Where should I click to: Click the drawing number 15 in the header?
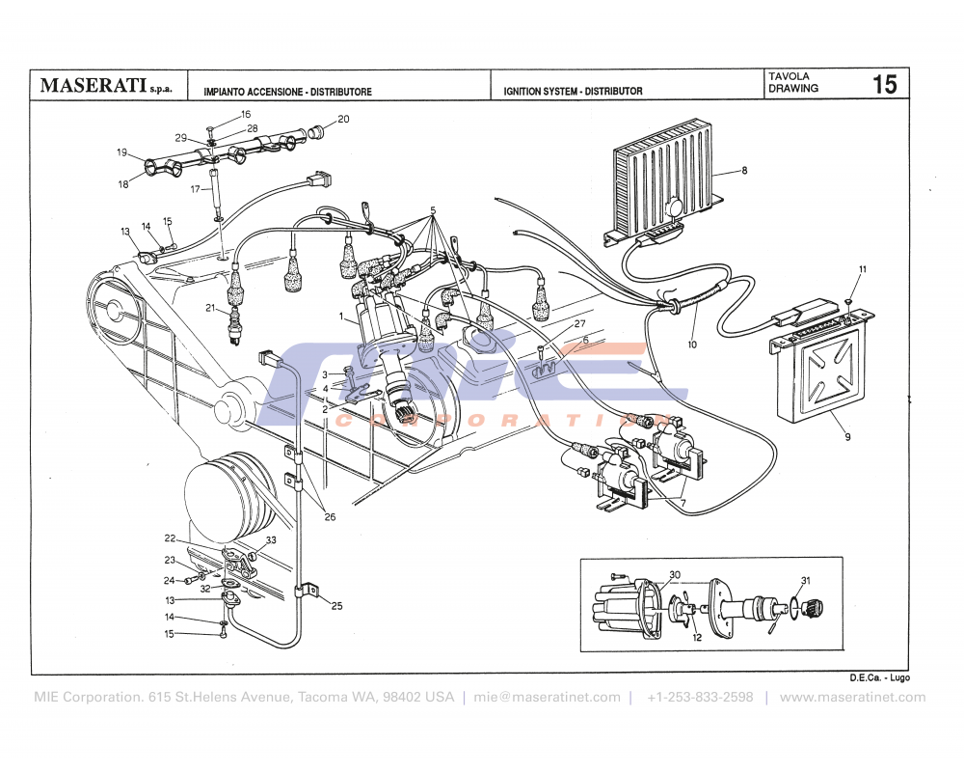pyautogui.click(x=884, y=84)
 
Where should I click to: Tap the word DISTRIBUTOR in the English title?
pyautogui.click(x=611, y=92)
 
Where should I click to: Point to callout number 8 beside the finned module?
pyautogui.click(x=744, y=171)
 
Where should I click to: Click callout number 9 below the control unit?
pyautogui.click(x=847, y=437)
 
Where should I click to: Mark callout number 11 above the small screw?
pyautogui.click(x=863, y=269)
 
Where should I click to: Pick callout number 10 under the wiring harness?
pyautogui.click(x=692, y=345)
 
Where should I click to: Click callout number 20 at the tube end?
pyautogui.click(x=343, y=120)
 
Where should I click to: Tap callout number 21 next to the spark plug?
pyautogui.click(x=209, y=308)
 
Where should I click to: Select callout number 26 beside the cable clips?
pyautogui.click(x=330, y=517)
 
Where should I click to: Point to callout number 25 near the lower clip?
pyautogui.click(x=336, y=606)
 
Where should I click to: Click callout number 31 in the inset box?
pyautogui.click(x=806, y=580)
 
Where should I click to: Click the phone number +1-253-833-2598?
pyautogui.click(x=700, y=698)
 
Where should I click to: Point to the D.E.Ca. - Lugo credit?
pyautogui.click(x=879, y=679)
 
